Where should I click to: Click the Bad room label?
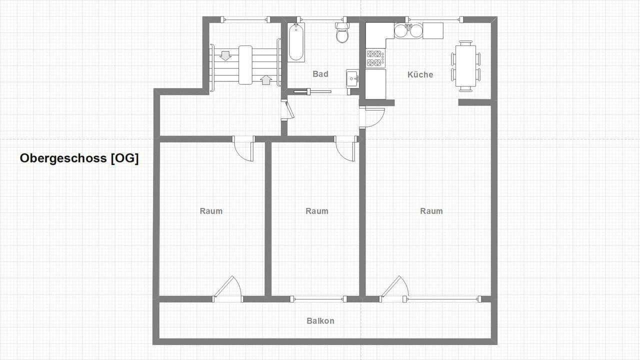320,74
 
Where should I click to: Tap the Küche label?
420,74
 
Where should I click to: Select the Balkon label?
320,321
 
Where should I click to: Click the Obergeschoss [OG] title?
79,158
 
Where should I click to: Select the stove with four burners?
376,58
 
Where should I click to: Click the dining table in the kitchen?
465,65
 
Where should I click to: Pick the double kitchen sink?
408,31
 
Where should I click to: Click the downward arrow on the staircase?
225,55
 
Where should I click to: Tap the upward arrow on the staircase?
266,79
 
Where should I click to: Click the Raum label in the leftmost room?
211,211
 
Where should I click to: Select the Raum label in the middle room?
317,211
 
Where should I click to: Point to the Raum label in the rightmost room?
431,211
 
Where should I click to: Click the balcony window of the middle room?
318,299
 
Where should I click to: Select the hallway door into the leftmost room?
243,149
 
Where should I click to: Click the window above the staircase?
245,19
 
